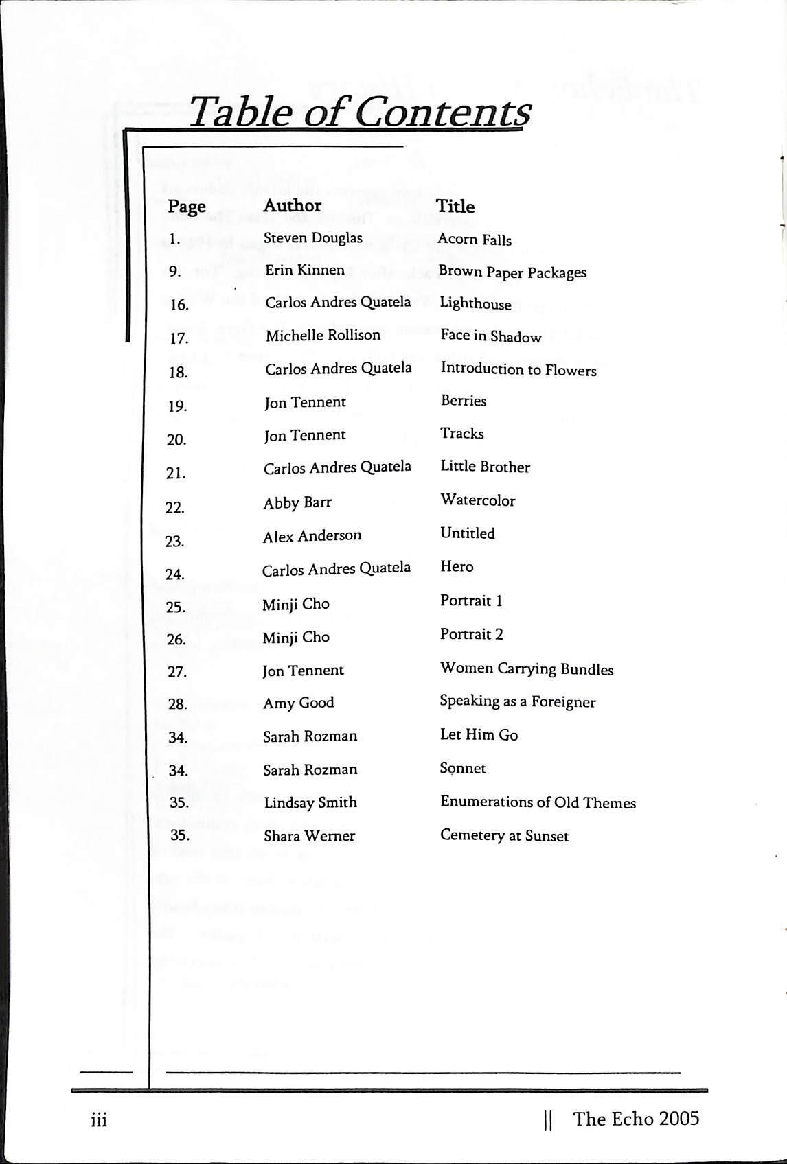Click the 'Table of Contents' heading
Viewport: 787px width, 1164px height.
coord(359,113)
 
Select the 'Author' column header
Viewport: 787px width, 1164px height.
coord(292,205)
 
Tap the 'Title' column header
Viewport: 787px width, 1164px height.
coord(455,206)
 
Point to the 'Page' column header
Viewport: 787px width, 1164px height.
coord(187,206)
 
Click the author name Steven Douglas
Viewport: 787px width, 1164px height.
coord(312,238)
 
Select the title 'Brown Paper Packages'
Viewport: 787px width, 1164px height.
coord(512,272)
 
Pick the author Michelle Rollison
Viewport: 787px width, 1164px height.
coord(323,336)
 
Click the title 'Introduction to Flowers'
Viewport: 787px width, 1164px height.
coord(518,369)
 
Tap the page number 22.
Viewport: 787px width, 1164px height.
coord(175,508)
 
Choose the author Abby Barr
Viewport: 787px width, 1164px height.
coord(297,503)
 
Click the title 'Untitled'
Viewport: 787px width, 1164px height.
coord(467,533)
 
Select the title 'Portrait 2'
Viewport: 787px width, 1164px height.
coord(471,634)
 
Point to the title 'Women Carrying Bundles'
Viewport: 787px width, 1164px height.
coord(527,668)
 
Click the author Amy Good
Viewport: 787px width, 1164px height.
coord(298,703)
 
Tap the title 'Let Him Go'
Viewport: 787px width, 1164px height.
coord(479,735)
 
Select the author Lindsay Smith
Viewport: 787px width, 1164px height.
coord(310,802)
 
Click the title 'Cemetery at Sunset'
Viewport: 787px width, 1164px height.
coord(504,836)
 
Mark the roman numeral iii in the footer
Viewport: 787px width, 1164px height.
coord(99,1121)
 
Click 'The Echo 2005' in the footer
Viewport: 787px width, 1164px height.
coord(636,1119)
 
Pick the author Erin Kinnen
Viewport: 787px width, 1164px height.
coord(305,270)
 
